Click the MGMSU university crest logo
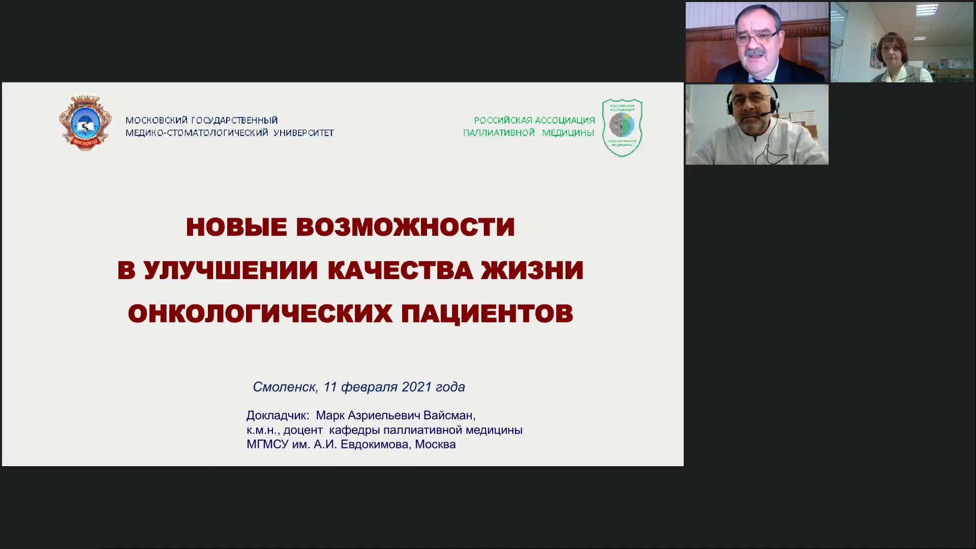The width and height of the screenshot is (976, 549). coord(85,123)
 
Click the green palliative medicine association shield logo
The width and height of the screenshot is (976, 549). coord(622,128)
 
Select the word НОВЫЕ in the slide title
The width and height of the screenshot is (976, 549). coord(236,227)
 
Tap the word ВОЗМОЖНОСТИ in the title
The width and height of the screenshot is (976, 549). coord(405,227)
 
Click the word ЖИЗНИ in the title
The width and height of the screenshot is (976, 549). coord(532,270)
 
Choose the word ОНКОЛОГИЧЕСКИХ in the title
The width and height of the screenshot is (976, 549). coord(260,314)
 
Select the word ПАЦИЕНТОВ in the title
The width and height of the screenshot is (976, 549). coord(487,314)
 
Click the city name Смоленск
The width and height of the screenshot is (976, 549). coord(285,387)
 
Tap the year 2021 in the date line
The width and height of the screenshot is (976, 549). coord(416,387)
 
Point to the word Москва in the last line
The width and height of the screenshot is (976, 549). coord(435,444)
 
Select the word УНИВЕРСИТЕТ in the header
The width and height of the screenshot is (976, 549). coord(303,133)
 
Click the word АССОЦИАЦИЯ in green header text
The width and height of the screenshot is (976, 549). coord(564,120)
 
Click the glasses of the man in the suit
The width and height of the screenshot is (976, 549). coord(756,37)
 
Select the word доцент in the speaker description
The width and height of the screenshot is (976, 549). coord(303,430)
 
